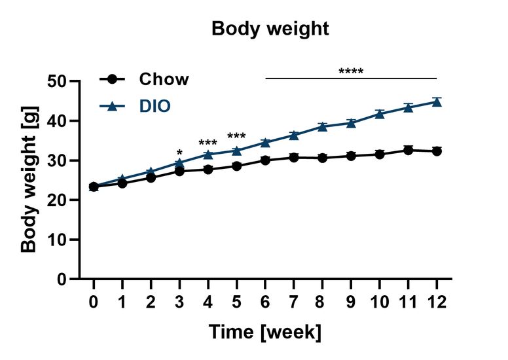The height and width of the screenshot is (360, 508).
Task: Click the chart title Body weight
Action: [x=270, y=29]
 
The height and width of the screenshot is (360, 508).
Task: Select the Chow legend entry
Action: [x=164, y=80]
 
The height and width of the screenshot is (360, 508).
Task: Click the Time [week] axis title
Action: [x=265, y=332]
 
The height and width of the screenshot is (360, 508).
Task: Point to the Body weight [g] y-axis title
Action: [x=29, y=179]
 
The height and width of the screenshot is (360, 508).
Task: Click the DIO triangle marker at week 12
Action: [x=437, y=102]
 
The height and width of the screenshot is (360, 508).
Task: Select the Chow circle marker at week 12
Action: [x=437, y=151]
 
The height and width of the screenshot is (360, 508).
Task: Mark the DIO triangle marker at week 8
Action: [x=322, y=126]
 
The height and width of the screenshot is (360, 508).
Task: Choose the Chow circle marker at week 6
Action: [x=265, y=160]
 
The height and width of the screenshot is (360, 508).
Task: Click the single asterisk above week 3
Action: [x=179, y=153]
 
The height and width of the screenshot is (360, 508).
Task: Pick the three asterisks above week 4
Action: [x=208, y=143]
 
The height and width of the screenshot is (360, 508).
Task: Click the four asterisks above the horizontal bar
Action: [x=351, y=71]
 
